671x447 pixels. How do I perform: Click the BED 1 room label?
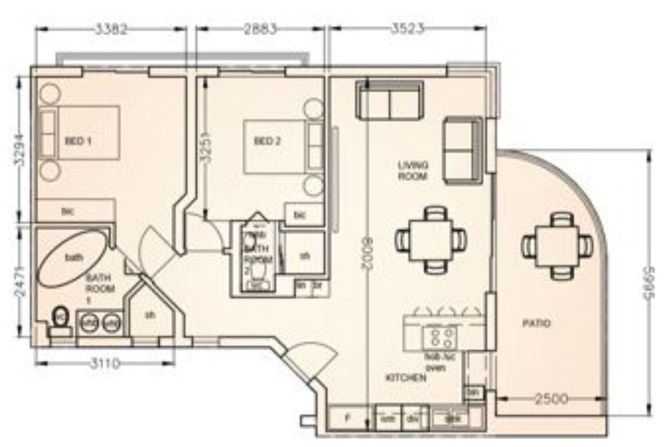(78, 141)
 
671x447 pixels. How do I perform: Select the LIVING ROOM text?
(413, 170)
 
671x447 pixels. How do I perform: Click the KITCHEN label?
(406, 378)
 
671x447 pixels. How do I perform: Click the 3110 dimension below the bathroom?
(105, 364)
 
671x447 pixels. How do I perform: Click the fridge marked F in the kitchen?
(347, 419)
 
